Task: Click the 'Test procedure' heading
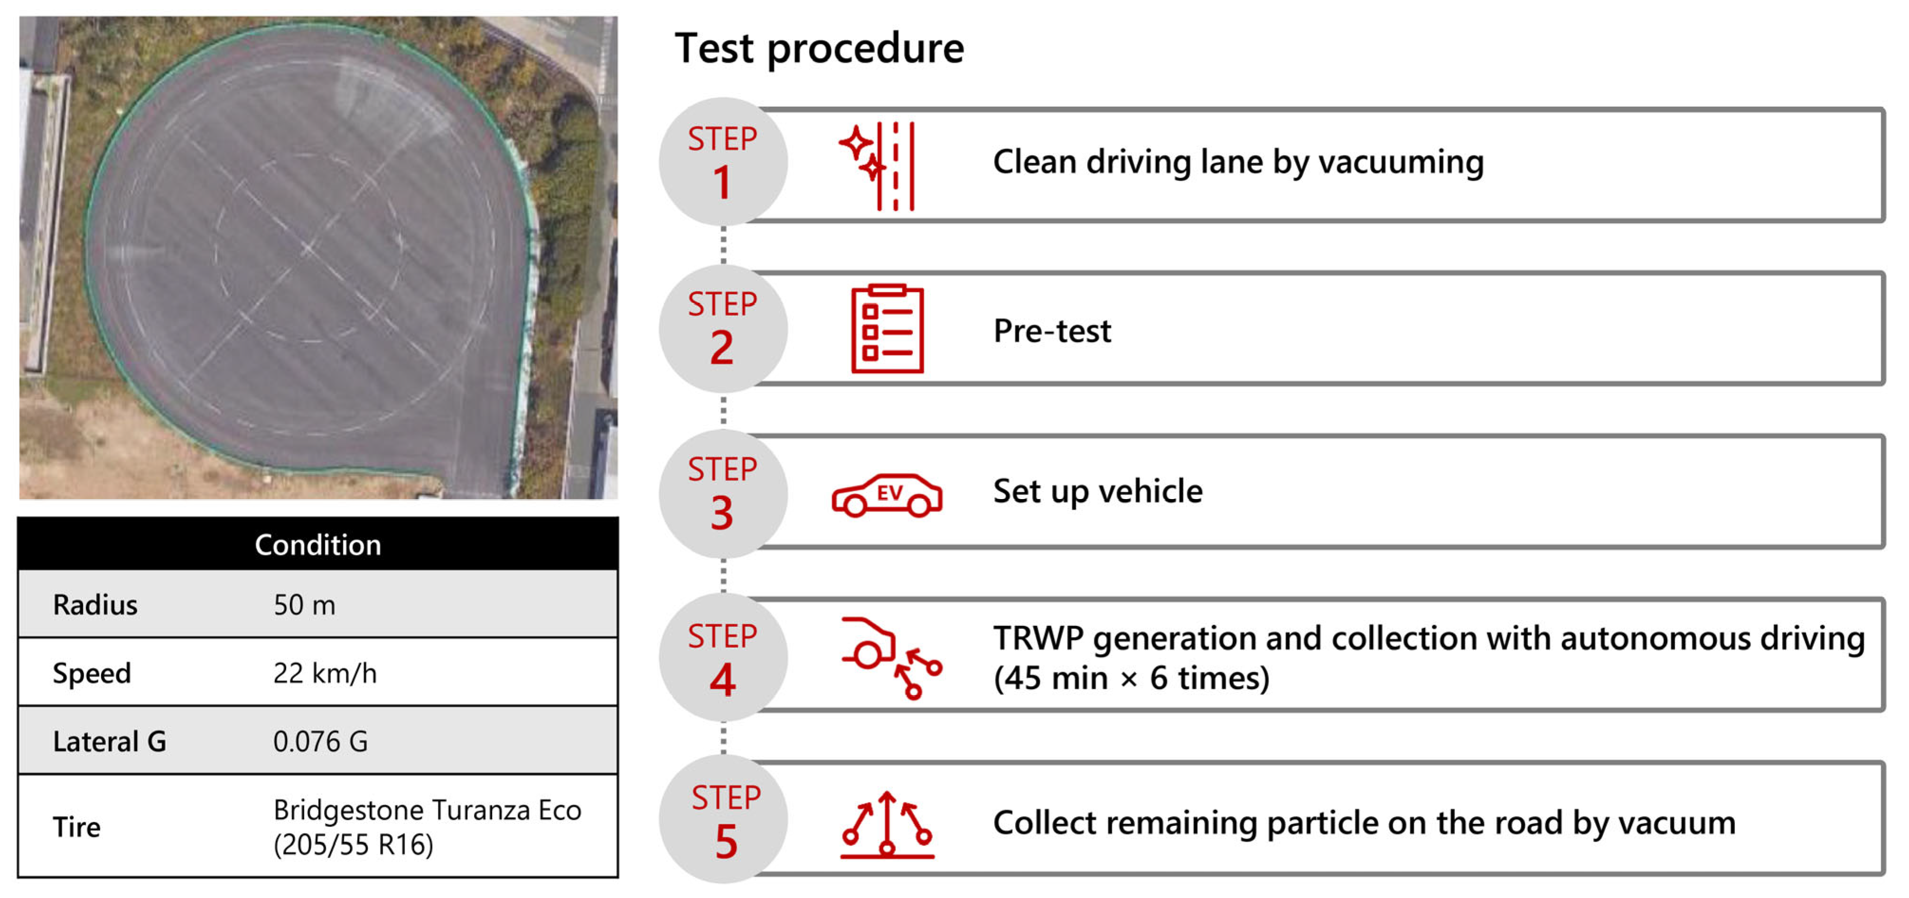pyautogui.click(x=819, y=49)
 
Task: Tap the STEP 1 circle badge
pyautogui.click(x=723, y=161)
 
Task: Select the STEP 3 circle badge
pyautogui.click(x=723, y=493)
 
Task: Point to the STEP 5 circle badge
pyautogui.click(x=723, y=819)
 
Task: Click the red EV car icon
pyautogui.click(x=887, y=495)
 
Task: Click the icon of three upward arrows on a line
pyautogui.click(x=887, y=824)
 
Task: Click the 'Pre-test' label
pyautogui.click(x=1052, y=331)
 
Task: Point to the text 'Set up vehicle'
pyautogui.click(x=1098, y=492)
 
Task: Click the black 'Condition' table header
pyautogui.click(x=318, y=544)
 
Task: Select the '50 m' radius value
pyautogui.click(x=304, y=605)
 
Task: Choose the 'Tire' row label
pyautogui.click(x=76, y=827)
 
